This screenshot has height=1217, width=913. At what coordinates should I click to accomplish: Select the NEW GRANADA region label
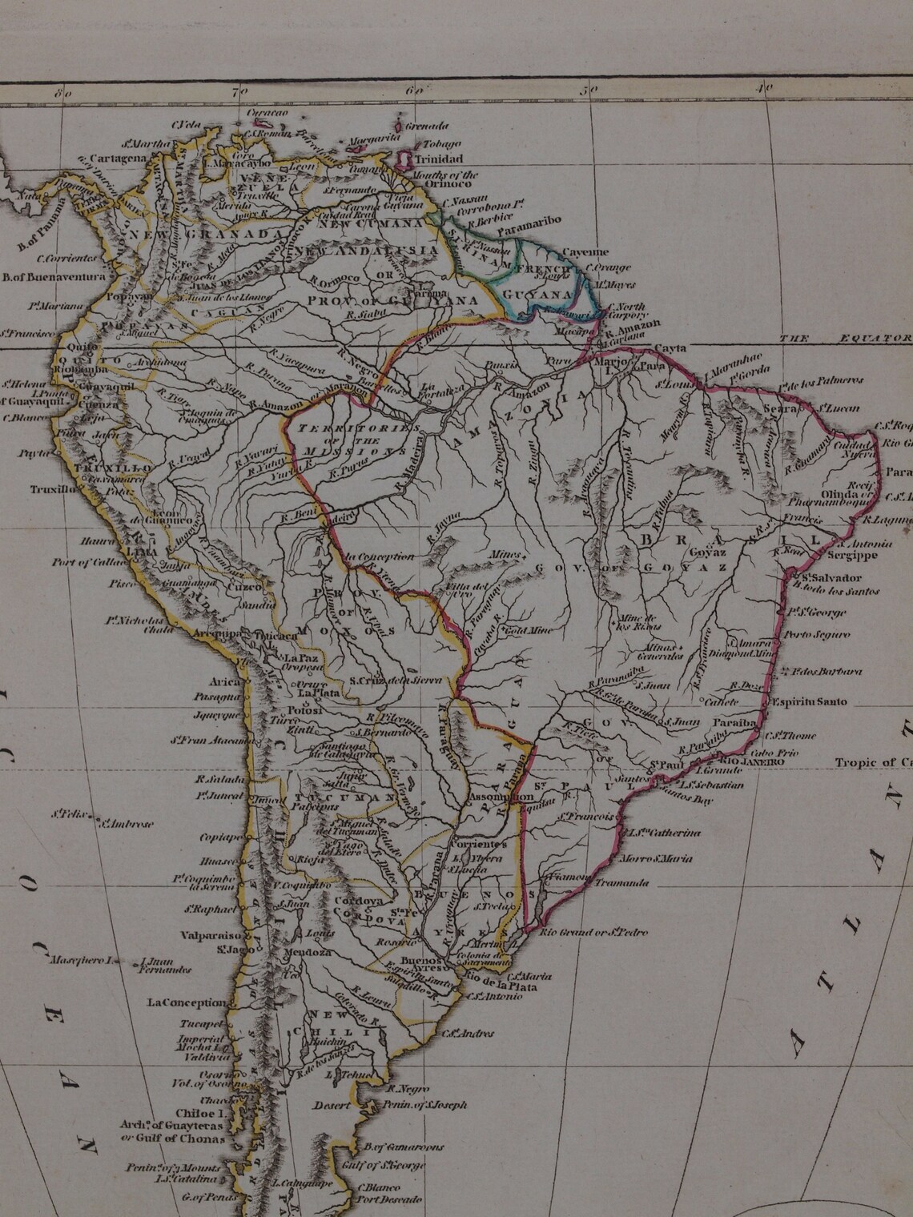pos(203,233)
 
